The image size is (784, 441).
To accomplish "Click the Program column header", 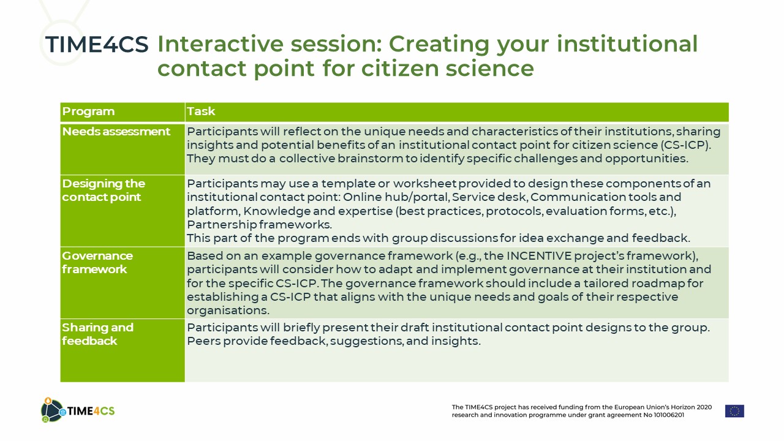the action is tap(88, 111).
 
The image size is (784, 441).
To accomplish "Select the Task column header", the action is tap(200, 111).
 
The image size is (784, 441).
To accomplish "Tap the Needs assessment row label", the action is tap(116, 131).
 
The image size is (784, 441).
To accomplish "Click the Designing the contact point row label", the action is tap(104, 190).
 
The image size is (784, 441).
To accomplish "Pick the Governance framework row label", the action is tap(97, 263).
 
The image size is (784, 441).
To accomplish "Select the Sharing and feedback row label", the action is tap(97, 334).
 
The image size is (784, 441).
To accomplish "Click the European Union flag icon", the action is tap(734, 411).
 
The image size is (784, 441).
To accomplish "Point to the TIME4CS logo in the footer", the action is tap(78, 410).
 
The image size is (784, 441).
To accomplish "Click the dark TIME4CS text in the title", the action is tap(97, 45).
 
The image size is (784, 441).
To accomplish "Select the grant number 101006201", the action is tap(669, 415).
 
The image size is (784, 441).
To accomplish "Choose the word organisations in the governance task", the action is tap(228, 311).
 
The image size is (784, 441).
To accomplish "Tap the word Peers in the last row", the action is tap(204, 341).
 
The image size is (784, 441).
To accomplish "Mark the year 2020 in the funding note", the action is tap(704, 407).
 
